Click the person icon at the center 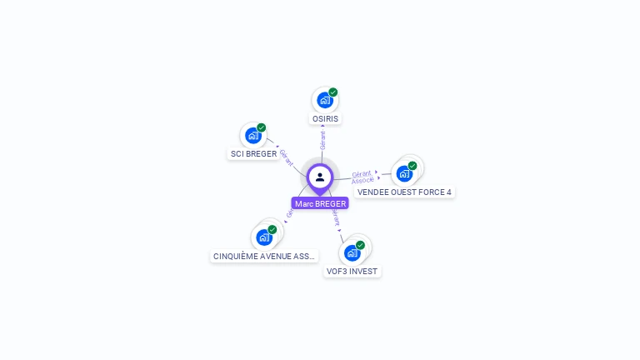click(320, 177)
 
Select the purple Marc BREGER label click(320, 203)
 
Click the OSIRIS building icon click(324, 100)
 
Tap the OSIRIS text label click(326, 119)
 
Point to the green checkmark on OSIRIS click(333, 92)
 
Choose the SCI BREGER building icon click(252, 135)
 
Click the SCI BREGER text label click(253, 154)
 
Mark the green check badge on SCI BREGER click(262, 127)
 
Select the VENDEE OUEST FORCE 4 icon click(404, 173)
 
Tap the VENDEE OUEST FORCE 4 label click(404, 192)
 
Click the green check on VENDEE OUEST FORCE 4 click(412, 166)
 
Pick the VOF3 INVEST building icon click(352, 252)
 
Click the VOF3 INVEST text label click(352, 272)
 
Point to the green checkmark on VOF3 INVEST click(361, 245)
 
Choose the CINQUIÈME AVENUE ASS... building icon click(264, 237)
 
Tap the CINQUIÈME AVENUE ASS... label click(264, 257)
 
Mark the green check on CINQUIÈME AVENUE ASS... click(272, 229)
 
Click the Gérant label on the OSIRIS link click(322, 140)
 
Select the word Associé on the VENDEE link click(363, 181)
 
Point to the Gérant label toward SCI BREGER click(286, 157)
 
